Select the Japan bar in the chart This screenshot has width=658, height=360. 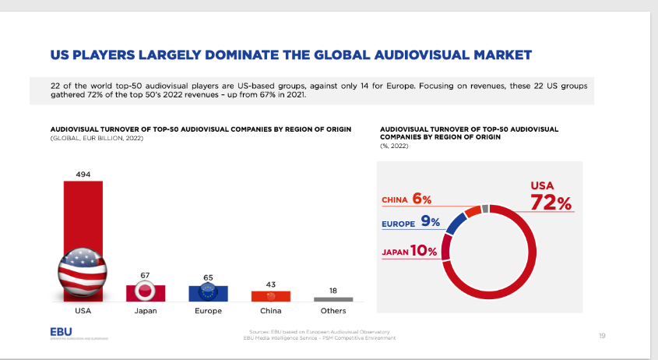146,293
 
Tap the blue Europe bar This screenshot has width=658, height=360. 208,293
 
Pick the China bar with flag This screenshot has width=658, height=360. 270,296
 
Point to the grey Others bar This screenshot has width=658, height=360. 333,299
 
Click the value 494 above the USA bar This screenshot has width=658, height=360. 83,174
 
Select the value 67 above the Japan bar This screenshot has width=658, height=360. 146,276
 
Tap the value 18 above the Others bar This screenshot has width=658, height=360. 333,290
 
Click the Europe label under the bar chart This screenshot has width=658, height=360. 208,311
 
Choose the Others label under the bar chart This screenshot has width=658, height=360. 333,311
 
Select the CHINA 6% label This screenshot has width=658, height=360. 406,199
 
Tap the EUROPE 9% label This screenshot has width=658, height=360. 410,222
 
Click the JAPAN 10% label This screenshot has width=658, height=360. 409,252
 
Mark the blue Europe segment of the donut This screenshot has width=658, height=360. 455,224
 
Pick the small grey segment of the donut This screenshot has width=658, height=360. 485,208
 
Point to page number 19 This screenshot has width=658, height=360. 602,335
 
